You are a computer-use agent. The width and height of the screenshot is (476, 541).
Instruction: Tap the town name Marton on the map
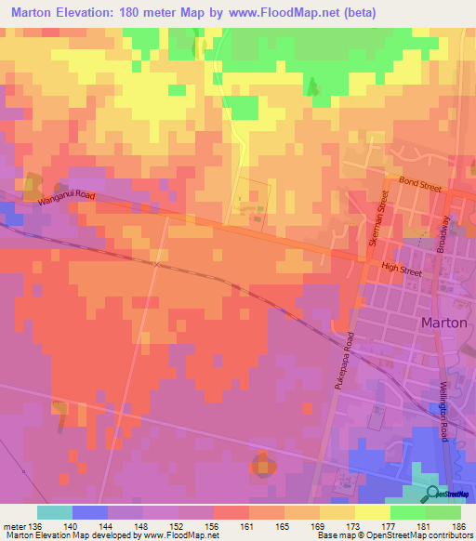click(443, 323)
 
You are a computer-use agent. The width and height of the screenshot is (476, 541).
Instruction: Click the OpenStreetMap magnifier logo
click(433, 494)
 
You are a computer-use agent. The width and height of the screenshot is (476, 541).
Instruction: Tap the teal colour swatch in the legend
click(55, 512)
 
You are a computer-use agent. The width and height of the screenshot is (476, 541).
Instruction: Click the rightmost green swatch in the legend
click(443, 512)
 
